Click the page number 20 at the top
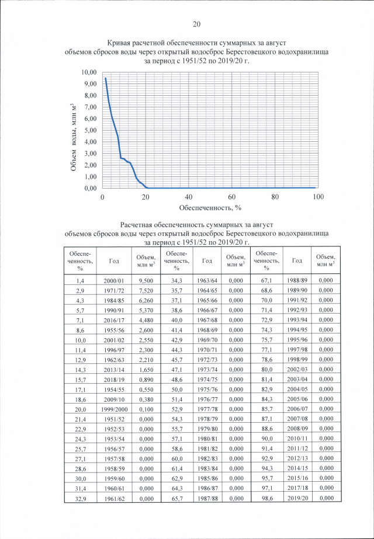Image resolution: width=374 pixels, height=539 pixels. [196, 24]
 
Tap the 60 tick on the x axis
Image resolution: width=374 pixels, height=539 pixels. [232, 197]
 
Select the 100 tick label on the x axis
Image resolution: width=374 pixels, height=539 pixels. [318, 197]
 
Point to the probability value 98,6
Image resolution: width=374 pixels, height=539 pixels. [266, 498]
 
